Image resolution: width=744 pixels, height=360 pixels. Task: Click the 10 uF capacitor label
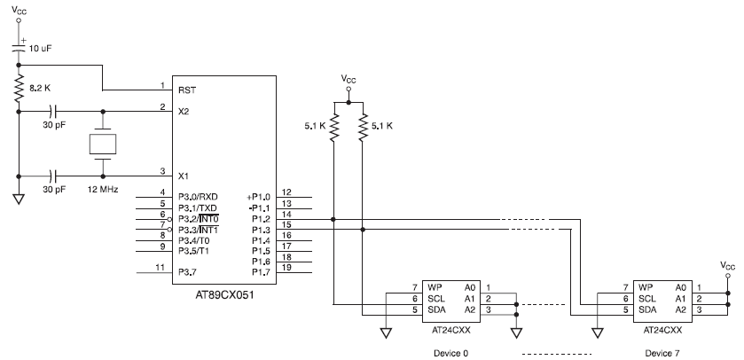(x=41, y=50)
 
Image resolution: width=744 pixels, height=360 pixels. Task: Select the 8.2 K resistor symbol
(x=19, y=89)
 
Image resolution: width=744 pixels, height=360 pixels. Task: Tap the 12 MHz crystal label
(x=104, y=189)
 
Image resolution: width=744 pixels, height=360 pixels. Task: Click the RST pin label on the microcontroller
(x=186, y=90)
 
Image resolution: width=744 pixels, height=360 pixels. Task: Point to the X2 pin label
(x=184, y=112)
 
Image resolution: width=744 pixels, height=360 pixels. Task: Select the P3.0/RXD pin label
(x=198, y=196)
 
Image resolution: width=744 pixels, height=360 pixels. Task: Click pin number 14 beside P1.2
(x=286, y=215)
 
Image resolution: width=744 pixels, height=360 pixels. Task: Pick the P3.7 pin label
(x=186, y=271)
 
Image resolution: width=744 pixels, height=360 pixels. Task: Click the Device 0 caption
(x=450, y=352)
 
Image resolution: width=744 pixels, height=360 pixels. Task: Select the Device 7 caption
(x=663, y=352)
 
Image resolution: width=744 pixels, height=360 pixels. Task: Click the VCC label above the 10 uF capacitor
(x=19, y=12)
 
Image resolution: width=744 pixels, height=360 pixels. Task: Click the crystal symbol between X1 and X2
(x=104, y=145)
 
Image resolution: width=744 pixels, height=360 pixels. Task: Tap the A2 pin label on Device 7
(x=681, y=310)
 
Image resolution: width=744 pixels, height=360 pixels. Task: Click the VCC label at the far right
(x=728, y=265)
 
